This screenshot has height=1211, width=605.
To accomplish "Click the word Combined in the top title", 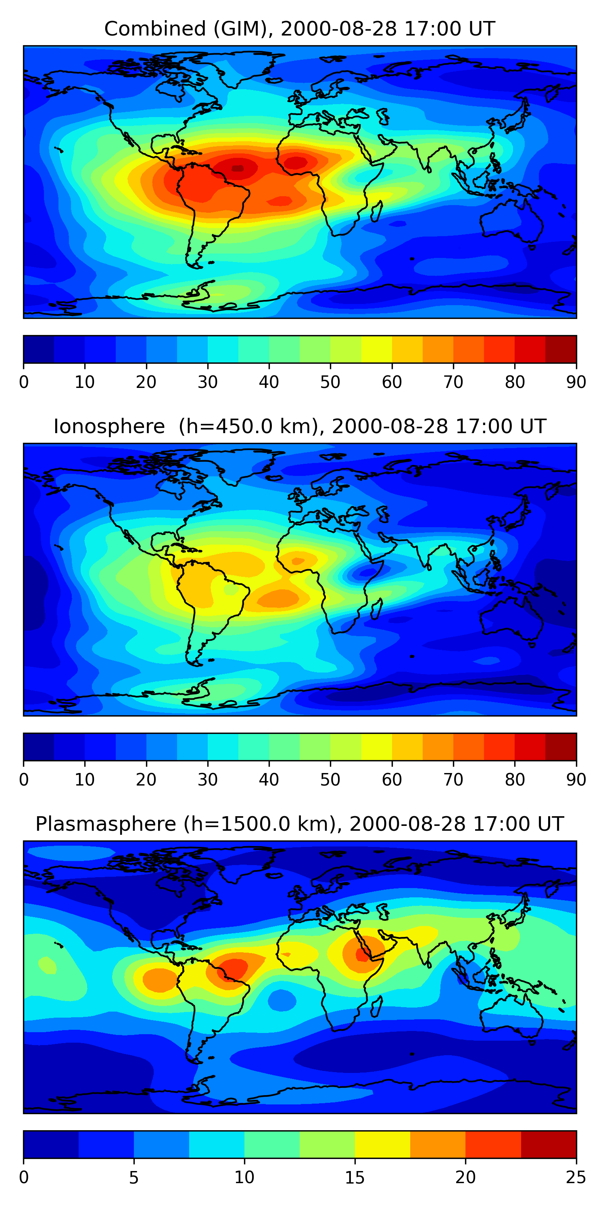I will [155, 29].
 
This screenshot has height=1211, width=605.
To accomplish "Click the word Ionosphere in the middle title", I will [109, 427].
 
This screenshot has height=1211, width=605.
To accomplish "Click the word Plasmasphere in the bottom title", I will [106, 825].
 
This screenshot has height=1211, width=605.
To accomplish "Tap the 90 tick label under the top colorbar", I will [576, 382].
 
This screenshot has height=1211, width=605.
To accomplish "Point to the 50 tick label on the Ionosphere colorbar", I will [330, 780].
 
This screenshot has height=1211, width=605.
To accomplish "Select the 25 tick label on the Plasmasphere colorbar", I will [576, 1177].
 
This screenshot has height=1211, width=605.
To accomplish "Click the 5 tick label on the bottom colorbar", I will [134, 1177].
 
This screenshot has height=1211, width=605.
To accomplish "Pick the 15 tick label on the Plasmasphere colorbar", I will [355, 1177].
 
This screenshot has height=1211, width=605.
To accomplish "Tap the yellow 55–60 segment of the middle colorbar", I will [377, 746].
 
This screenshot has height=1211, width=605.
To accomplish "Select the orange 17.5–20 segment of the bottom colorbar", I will [438, 1144].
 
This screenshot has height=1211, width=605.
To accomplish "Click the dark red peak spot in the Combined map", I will [238, 168].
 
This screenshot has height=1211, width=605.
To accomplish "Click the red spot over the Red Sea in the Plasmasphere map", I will [362, 955].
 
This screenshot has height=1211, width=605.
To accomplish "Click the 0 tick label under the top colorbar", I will [23, 382].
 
